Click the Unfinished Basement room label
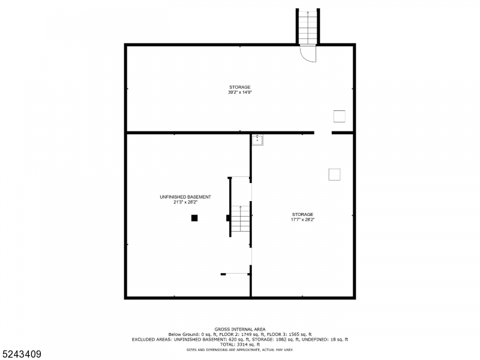[x=185, y=197]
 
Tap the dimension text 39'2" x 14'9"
[x=239, y=92]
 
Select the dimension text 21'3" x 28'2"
[x=185, y=202]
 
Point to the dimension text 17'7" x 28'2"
[x=302, y=220]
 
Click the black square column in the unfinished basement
[x=194, y=218]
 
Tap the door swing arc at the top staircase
[x=308, y=53]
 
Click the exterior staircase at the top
[x=307, y=27]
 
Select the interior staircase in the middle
[x=241, y=219]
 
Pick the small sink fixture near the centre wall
[x=257, y=140]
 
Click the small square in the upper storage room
[x=340, y=116]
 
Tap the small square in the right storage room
[x=334, y=174]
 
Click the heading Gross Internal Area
[x=239, y=329]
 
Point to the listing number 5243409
[x=22, y=354]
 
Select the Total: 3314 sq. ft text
[x=240, y=344]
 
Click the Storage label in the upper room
[x=239, y=87]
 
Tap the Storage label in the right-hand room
[x=302, y=214]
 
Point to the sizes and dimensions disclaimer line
[x=239, y=349]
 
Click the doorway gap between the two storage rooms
[x=323, y=133]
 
